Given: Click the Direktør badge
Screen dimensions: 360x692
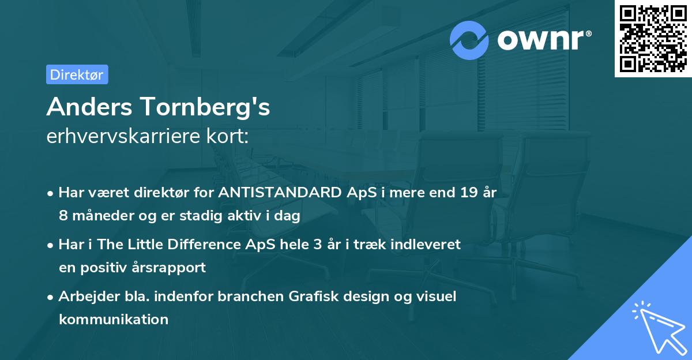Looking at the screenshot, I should [x=77, y=74].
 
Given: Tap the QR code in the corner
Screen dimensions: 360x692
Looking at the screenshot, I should [x=653, y=38].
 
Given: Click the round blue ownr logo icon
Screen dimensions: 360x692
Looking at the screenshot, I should [x=469, y=40].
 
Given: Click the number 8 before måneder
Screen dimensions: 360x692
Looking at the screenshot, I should [x=63, y=216].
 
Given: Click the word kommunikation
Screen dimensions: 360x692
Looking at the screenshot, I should [x=113, y=319].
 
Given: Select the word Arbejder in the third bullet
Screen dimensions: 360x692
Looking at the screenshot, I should [x=85, y=297].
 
